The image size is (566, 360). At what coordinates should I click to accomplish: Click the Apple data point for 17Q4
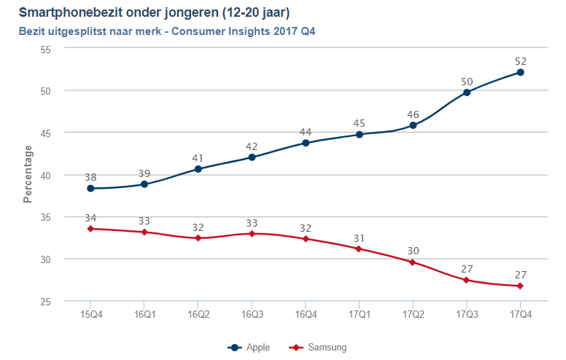tap(520, 72)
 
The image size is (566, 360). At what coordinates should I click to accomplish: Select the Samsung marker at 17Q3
tap(467, 280)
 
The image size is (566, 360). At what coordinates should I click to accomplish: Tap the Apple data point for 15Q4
tap(90, 188)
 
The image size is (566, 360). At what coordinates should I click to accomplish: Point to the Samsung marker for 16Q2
tap(198, 238)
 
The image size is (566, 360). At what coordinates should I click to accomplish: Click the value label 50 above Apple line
tap(467, 81)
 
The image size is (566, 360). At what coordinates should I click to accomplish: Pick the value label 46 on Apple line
tap(413, 114)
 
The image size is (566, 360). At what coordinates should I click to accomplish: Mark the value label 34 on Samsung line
tap(90, 218)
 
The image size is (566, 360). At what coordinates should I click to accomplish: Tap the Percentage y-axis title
tap(28, 173)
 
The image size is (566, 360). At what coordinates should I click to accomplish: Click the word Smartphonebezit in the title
tap(70, 13)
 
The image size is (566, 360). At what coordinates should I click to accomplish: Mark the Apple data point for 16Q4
tap(306, 143)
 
